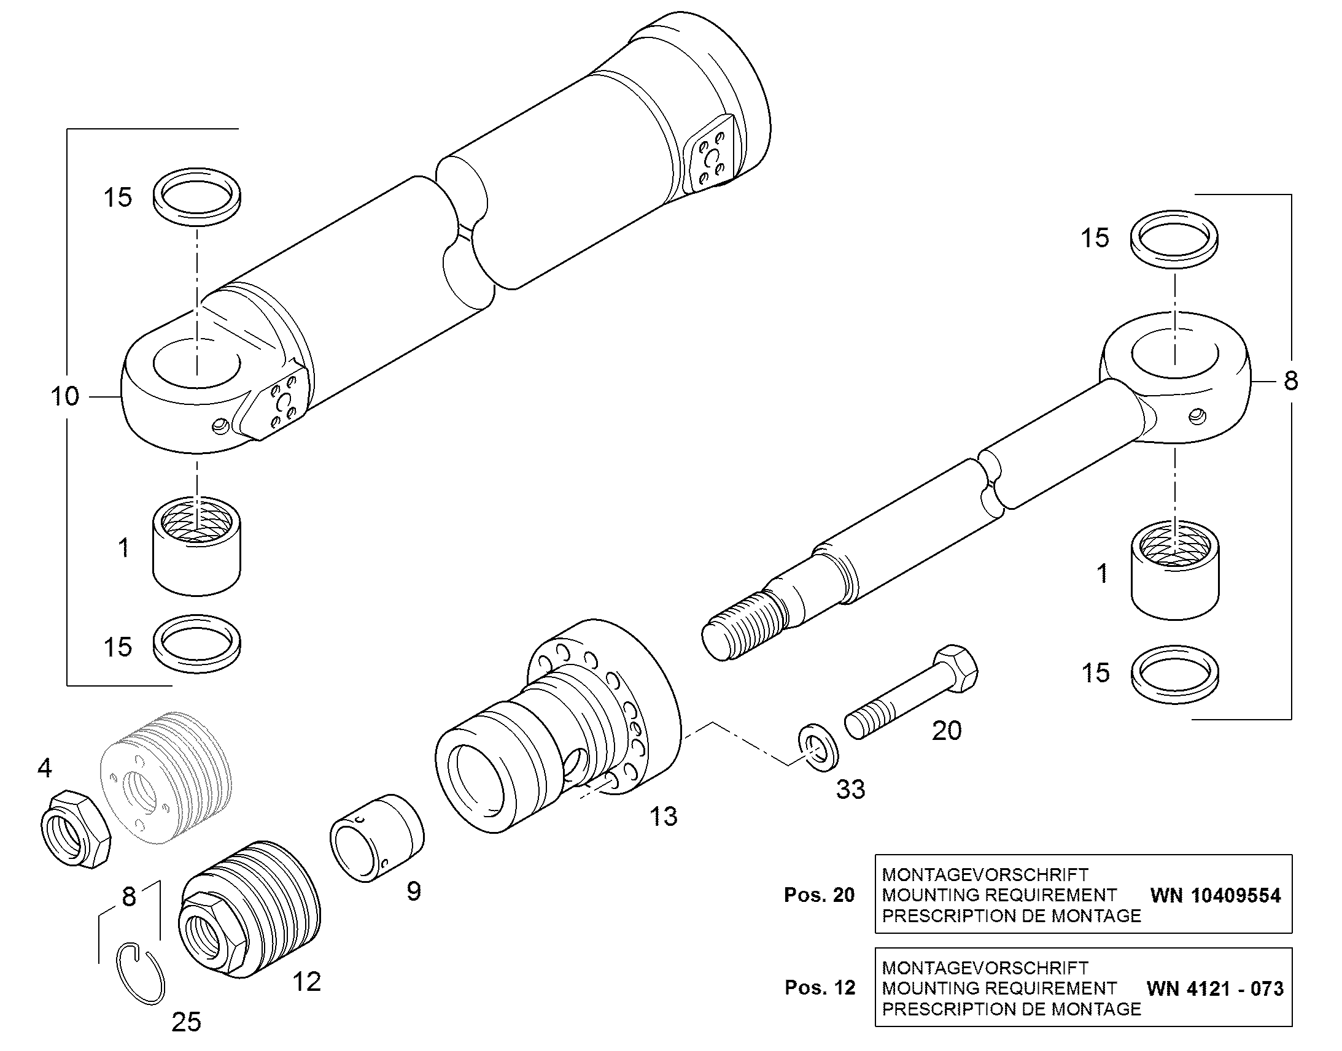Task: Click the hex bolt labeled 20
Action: [911, 691]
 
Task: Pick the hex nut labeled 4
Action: [75, 830]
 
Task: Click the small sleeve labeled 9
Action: [378, 837]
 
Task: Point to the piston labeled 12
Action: [249, 909]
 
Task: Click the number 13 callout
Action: [664, 817]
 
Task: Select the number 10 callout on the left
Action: [64, 396]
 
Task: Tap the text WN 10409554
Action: [1216, 895]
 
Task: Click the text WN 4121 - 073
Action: [1215, 989]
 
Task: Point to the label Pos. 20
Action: [820, 895]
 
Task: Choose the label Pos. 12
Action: [820, 988]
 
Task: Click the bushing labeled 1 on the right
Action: [1175, 571]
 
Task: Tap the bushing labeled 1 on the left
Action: [196, 546]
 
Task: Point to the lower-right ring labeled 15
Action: [1175, 674]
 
